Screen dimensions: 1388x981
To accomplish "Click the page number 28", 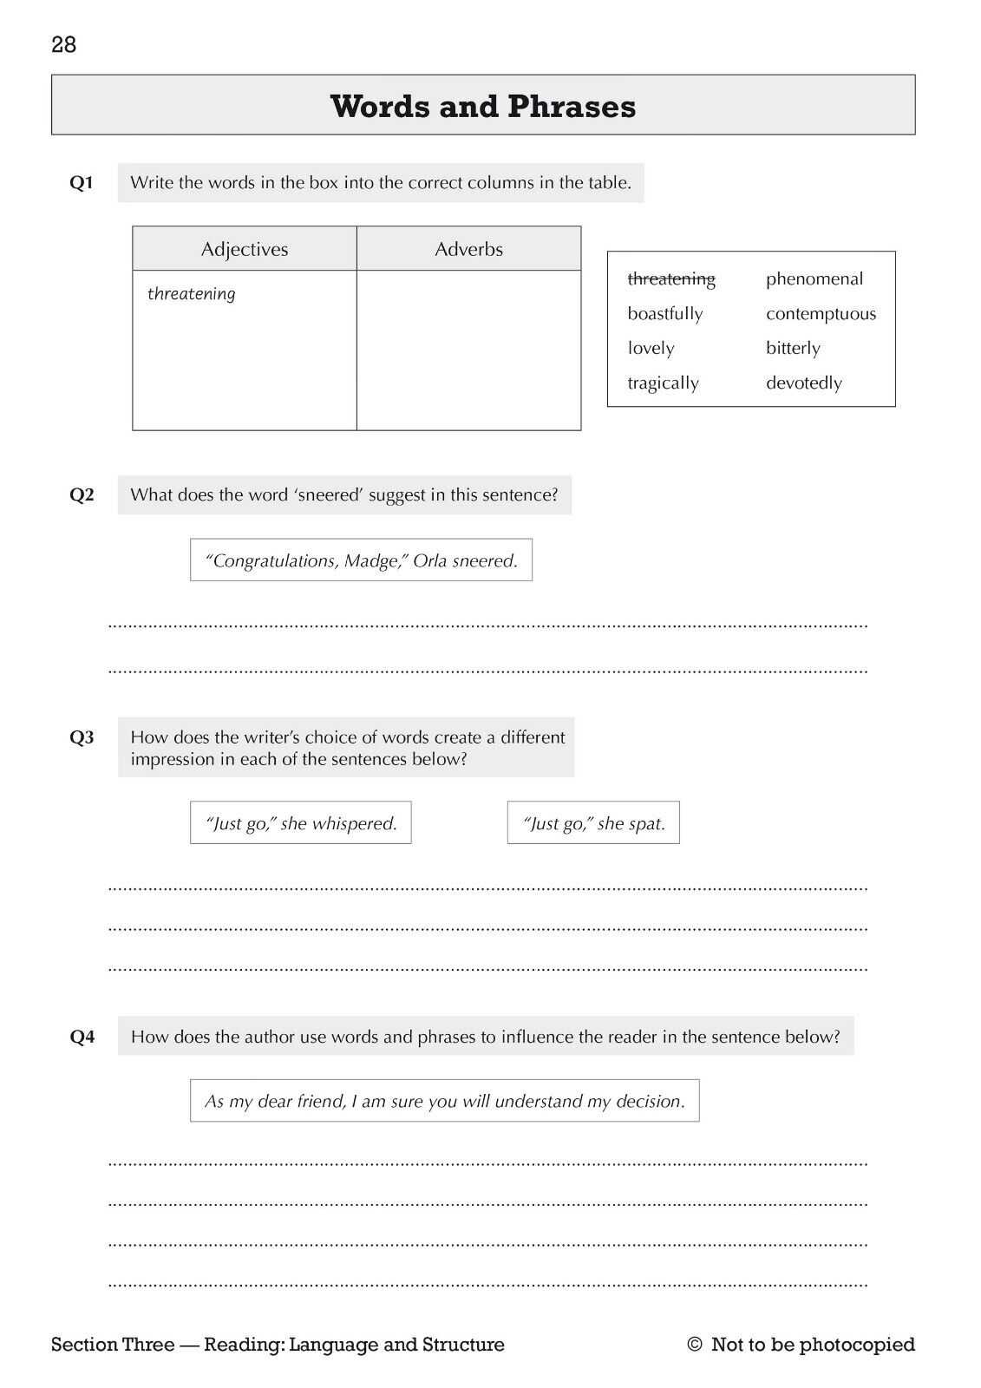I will [64, 45].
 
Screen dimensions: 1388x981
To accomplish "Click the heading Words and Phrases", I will [483, 107].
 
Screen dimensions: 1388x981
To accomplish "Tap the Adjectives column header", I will [245, 249].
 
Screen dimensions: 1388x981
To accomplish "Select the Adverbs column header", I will [468, 249].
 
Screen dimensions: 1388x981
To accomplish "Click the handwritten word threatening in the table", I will [192, 294].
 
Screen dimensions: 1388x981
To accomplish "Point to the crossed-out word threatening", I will [671, 278].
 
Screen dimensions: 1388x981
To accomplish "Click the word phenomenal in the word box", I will [814, 278].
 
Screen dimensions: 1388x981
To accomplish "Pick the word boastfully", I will [665, 313].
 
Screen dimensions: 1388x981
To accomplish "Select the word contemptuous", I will [821, 313].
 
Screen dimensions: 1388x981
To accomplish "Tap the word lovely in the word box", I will [651, 348].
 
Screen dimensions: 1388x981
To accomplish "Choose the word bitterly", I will [793, 348].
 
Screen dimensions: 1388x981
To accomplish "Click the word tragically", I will [663, 383].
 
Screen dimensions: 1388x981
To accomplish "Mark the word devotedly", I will [804, 383].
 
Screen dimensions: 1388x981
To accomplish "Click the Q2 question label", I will [82, 495].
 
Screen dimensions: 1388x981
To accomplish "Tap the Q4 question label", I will [82, 1037].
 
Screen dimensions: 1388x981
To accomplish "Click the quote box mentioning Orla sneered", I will [361, 560].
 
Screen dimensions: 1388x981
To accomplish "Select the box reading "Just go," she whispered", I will [301, 823].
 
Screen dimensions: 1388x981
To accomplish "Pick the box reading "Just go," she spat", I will [593, 823].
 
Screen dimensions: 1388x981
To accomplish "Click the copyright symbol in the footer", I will [694, 1345].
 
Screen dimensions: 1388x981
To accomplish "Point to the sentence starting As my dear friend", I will [444, 1101].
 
